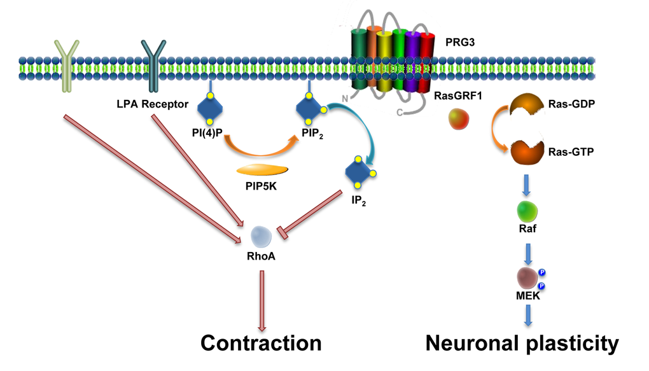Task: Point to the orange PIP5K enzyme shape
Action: [262, 170]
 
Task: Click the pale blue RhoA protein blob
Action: [262, 237]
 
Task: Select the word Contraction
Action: [261, 344]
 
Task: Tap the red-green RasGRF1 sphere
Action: [460, 118]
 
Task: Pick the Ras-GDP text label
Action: [571, 104]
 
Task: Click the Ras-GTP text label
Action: [571, 152]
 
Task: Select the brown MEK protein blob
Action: [528, 277]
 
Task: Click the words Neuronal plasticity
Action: [522, 344]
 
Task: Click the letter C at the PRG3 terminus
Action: [400, 113]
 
